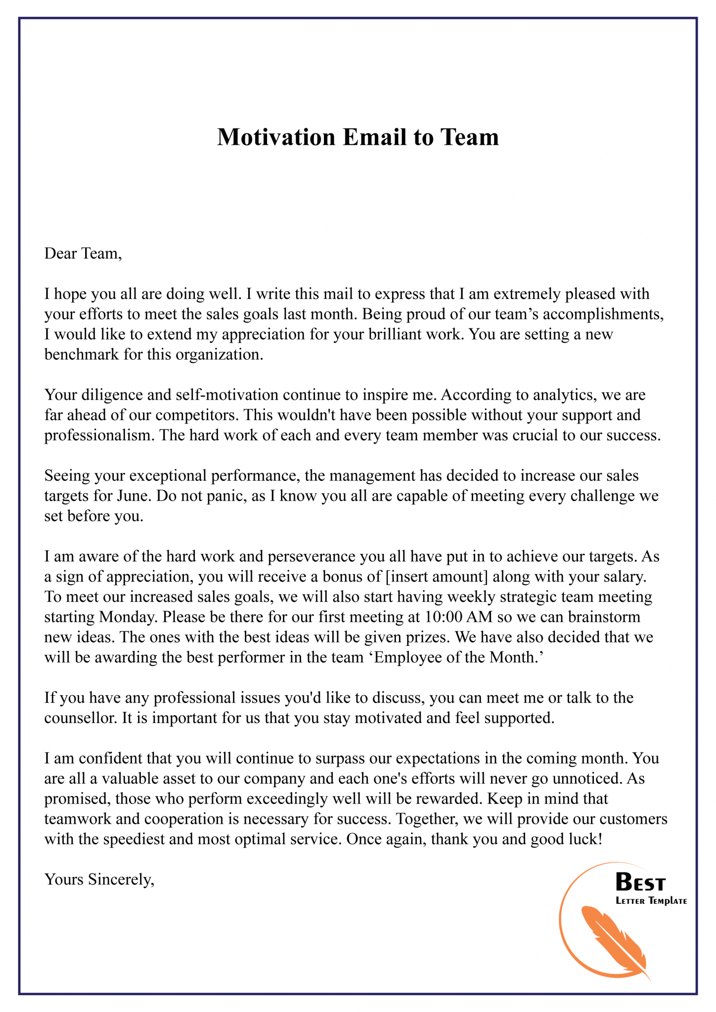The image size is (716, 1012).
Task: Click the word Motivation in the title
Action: (276, 137)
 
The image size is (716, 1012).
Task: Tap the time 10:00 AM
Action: (455, 617)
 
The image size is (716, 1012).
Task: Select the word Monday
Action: (128, 617)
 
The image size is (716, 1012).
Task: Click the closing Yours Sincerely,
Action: (99, 880)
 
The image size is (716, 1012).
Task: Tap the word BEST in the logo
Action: (640, 882)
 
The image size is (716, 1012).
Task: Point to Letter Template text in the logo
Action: (651, 901)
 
